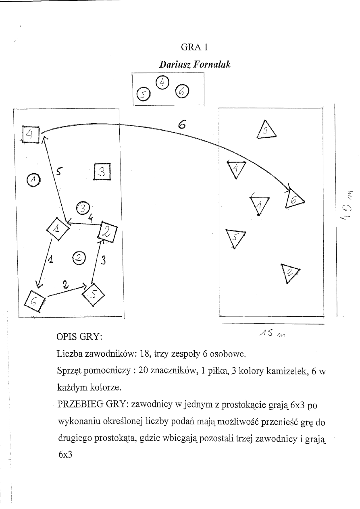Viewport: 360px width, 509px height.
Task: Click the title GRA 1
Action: click(194, 47)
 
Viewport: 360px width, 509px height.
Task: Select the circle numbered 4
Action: click(162, 82)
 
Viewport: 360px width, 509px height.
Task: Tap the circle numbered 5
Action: click(143, 95)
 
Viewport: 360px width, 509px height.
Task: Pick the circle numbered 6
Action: click(182, 92)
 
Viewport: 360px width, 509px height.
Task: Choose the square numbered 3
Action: click(102, 172)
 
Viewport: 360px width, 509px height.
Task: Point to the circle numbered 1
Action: click(33, 180)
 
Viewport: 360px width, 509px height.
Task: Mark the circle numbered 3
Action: click(82, 208)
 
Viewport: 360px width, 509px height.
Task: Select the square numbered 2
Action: click(107, 232)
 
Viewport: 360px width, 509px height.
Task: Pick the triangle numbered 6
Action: click(294, 199)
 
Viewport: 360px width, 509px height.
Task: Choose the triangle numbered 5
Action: click(235, 239)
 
